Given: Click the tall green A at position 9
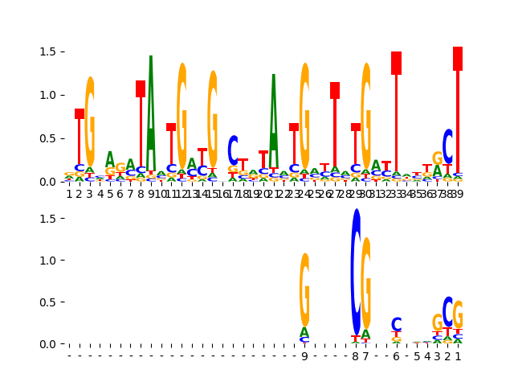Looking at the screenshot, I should [x=151, y=113].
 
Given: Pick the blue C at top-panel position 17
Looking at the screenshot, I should [x=233, y=150].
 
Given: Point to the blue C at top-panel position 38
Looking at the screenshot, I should [x=448, y=146].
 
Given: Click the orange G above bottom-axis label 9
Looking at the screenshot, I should [x=304, y=289].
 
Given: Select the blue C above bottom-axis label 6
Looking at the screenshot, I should [x=397, y=325].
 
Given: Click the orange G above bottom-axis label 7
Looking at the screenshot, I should [x=366, y=281].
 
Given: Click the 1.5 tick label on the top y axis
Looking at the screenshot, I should [x=46, y=51].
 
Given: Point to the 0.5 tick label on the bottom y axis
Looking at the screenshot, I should [x=46, y=302].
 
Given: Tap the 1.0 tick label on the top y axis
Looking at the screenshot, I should [x=46, y=95].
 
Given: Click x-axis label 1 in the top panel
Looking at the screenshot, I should [x=69, y=194].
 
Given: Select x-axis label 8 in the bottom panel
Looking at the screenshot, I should [x=356, y=356].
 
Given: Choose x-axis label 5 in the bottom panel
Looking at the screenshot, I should [x=417, y=356].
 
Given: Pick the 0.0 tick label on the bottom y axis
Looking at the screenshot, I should [x=46, y=344].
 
